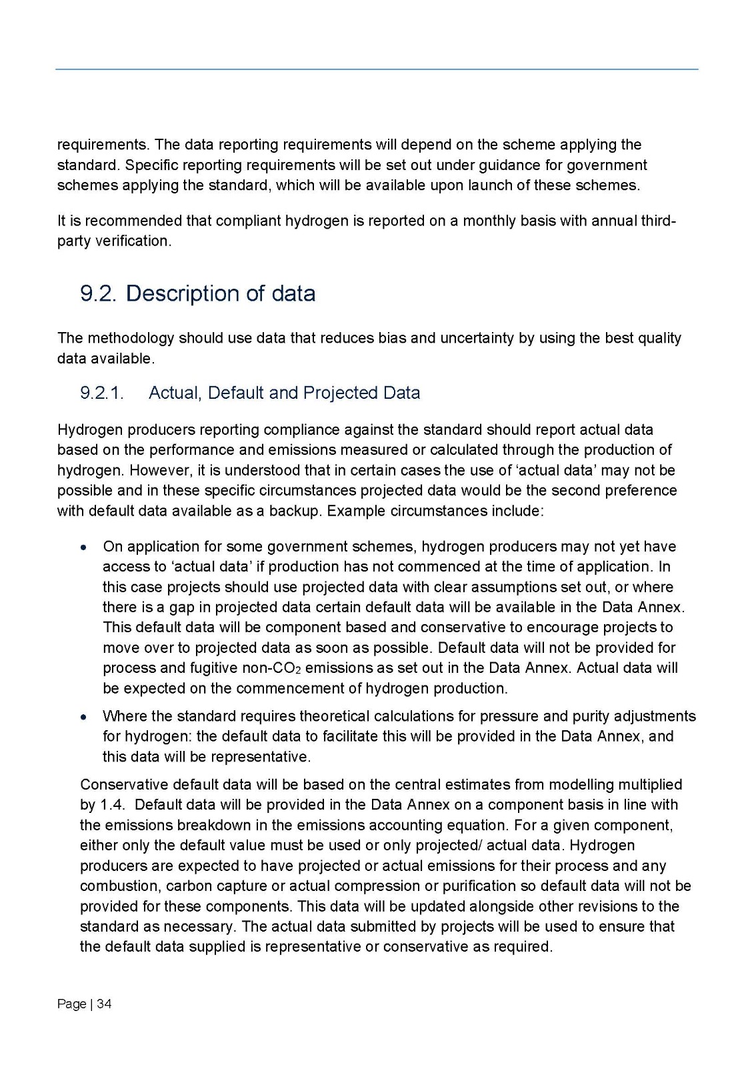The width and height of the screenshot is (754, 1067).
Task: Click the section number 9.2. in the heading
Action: tap(98, 293)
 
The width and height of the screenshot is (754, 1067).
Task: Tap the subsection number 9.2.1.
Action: tap(102, 393)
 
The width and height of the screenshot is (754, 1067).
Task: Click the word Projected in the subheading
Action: tap(332, 393)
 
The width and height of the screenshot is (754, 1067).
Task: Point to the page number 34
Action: tap(104, 1004)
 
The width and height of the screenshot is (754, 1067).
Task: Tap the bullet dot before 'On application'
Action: tap(82, 548)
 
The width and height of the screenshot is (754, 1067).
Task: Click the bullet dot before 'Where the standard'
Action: tap(82, 717)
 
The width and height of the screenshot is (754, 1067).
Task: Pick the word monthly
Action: tap(489, 221)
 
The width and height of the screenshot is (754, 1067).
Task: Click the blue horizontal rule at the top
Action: tap(377, 69)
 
